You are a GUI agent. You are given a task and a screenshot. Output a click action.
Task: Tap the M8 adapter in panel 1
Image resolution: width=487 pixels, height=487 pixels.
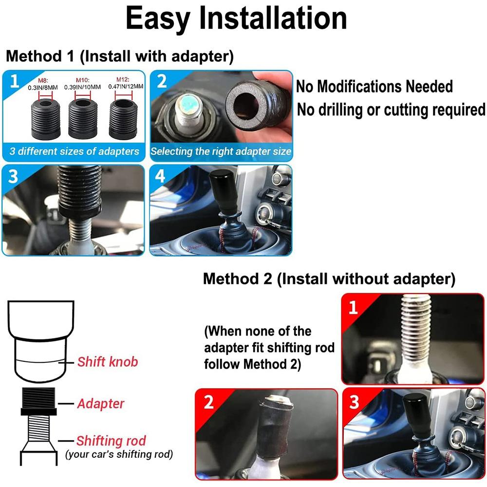coord(46,119)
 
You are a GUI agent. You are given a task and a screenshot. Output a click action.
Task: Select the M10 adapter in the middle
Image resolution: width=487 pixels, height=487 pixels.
coord(83,119)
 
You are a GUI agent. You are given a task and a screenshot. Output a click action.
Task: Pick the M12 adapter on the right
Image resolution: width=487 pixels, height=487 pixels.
coord(123,119)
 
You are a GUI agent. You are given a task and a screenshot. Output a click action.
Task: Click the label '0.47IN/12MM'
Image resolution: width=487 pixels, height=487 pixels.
coord(126,86)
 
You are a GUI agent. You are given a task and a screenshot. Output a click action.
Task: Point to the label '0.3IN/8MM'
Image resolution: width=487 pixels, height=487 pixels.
coord(42,88)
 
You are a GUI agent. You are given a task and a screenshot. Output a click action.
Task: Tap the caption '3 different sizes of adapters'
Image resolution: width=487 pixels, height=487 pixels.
coord(74,151)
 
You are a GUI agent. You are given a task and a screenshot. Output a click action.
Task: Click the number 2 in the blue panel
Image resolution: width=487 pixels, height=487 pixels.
coord(162,81)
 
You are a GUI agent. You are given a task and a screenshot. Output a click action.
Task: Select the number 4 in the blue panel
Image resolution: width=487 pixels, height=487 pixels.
coord(160,176)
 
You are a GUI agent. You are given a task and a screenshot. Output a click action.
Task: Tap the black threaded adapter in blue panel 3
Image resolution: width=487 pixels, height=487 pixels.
coord(80,191)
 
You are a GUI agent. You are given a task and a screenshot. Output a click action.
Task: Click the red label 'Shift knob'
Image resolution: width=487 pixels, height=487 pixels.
coord(108,362)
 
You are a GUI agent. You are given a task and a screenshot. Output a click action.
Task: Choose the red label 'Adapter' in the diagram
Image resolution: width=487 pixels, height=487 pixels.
coord(101,404)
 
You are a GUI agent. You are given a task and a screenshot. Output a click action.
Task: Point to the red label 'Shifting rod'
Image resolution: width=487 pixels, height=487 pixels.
coord(111,441)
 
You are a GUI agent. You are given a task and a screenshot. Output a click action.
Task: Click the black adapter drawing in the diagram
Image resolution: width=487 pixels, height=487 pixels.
coord(39,401)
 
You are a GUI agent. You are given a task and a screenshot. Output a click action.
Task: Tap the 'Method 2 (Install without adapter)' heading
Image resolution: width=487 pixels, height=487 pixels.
coord(329,279)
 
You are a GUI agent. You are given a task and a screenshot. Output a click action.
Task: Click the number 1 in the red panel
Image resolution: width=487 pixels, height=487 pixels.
coord(353,308)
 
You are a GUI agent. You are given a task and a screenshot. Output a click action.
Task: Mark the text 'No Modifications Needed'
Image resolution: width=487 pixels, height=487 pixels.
coord(374,86)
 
